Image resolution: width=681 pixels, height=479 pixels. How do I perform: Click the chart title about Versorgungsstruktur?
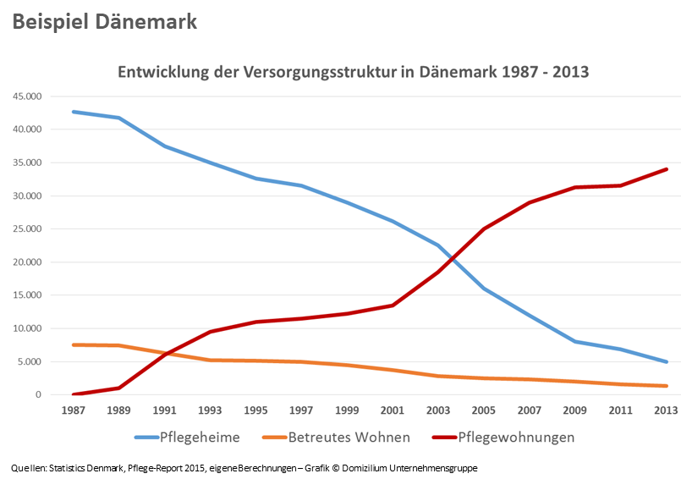tap(352, 72)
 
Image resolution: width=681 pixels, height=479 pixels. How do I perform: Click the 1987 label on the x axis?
tap(74, 410)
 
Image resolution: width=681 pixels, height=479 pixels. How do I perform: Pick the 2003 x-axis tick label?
tap(438, 410)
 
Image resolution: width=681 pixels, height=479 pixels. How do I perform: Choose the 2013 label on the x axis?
tap(667, 410)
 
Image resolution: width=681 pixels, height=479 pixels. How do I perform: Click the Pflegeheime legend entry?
tap(200, 438)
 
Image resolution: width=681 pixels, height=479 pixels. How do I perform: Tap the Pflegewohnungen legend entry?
tap(516, 438)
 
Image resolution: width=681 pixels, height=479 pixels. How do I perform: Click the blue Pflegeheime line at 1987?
tap(74, 112)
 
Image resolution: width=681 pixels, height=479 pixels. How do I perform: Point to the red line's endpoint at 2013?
tap(667, 169)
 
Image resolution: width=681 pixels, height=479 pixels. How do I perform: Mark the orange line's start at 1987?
tap(74, 344)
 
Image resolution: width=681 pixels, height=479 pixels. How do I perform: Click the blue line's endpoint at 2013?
tap(667, 362)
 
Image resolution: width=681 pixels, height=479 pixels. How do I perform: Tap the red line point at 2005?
tap(484, 229)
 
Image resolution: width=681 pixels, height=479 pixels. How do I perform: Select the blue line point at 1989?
tap(119, 118)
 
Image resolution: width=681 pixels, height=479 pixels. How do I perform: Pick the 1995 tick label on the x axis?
tap(256, 410)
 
